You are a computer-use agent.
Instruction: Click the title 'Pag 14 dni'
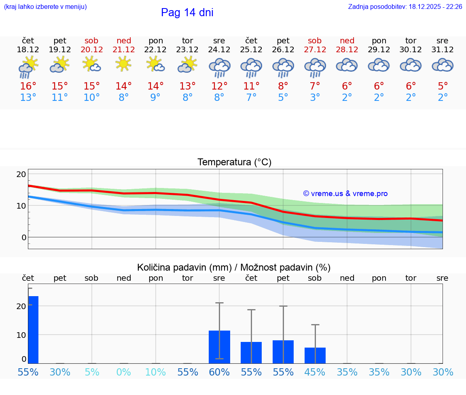[x=187, y=13]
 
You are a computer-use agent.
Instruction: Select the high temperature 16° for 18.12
[x=28, y=86]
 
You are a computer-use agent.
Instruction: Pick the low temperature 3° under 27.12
[x=315, y=98]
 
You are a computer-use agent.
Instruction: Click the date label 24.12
[x=219, y=50]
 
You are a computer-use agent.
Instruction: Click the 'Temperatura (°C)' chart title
[x=234, y=162]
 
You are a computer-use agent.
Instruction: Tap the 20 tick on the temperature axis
[x=21, y=174]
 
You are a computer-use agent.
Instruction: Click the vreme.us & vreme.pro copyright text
[x=345, y=194]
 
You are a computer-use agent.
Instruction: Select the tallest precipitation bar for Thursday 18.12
[x=33, y=330]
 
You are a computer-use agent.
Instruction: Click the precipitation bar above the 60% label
[x=219, y=347]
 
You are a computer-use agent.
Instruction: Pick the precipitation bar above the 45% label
[x=315, y=355]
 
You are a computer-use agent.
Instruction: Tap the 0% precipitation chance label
[x=123, y=372]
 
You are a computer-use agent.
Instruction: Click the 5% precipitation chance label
[x=92, y=372]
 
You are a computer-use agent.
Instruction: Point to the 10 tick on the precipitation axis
[x=21, y=335]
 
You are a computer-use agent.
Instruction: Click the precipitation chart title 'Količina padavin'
[x=234, y=267]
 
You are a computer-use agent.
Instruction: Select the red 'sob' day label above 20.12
[x=91, y=41]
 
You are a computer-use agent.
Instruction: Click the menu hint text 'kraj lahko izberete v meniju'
[x=45, y=6]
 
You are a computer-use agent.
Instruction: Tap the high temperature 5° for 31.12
[x=443, y=86]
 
